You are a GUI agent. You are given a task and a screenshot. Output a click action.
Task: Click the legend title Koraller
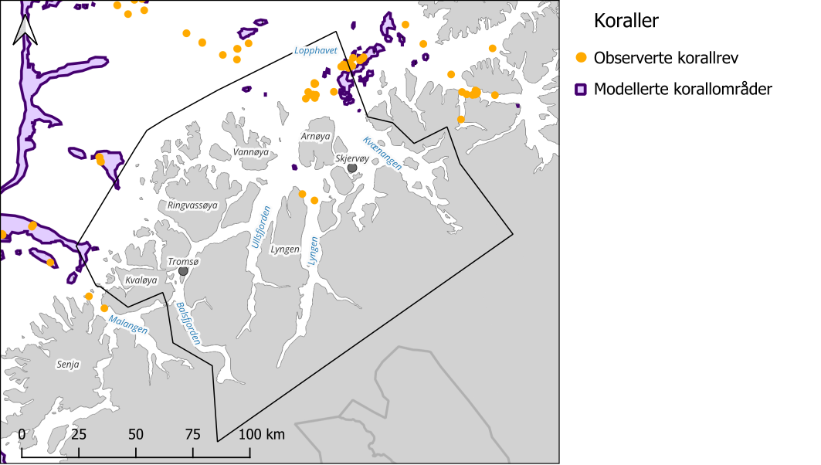point(626,22)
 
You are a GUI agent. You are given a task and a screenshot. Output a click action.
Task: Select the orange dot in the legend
point(582,57)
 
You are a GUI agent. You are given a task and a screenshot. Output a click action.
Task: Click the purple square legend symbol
point(582,90)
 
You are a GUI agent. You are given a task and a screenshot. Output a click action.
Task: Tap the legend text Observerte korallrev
point(677,57)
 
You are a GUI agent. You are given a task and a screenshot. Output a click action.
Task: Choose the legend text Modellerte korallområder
point(688,90)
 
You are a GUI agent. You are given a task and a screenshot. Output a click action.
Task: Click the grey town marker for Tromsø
point(183,271)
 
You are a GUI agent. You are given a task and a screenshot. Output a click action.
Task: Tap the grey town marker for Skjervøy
point(352,168)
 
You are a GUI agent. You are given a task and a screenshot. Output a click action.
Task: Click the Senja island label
point(68,363)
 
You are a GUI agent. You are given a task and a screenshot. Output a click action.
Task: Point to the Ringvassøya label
point(193,205)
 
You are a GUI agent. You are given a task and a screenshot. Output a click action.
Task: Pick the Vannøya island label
point(251,153)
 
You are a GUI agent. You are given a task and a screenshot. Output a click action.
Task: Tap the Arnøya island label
point(315,136)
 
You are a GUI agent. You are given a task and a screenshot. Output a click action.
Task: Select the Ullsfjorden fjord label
point(260,226)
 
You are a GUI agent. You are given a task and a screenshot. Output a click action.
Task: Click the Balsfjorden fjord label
point(188,323)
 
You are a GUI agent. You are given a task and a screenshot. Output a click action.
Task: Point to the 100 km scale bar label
point(261,434)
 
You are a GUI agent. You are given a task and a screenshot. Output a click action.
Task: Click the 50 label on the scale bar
point(136,434)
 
